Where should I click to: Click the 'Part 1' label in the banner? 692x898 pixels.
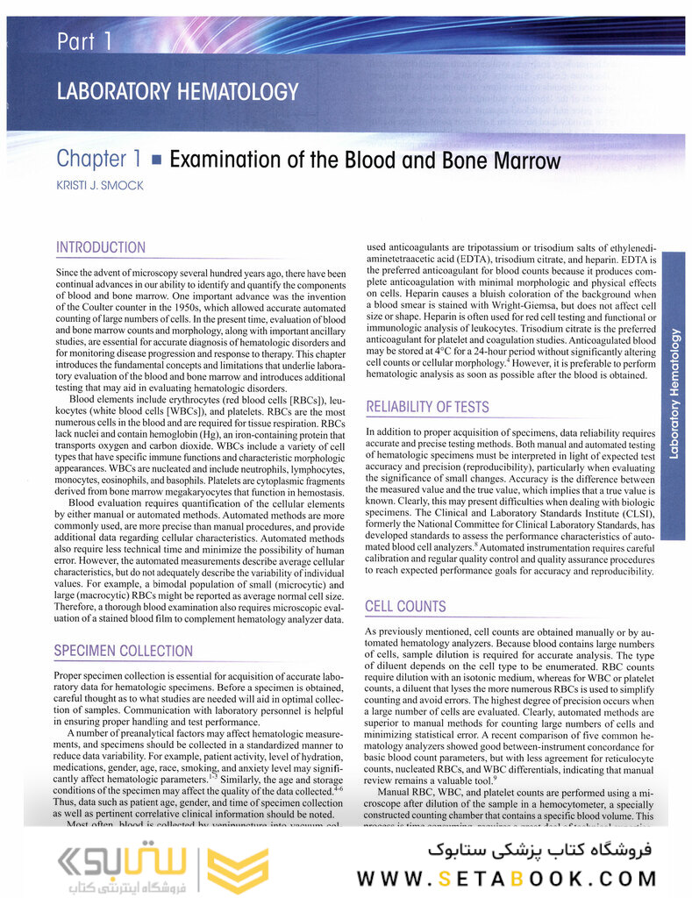84,41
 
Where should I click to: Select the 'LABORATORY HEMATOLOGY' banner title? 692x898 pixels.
177,91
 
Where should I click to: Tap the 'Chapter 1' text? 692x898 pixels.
98,160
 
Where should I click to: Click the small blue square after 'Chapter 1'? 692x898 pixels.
157,160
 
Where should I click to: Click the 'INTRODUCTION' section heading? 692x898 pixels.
101,248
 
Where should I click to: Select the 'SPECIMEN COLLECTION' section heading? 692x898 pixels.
123,652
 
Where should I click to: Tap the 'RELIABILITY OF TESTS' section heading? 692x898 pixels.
427,407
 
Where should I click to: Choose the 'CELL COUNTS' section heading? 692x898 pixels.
405,607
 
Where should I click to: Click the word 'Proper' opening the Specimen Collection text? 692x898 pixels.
70,676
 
